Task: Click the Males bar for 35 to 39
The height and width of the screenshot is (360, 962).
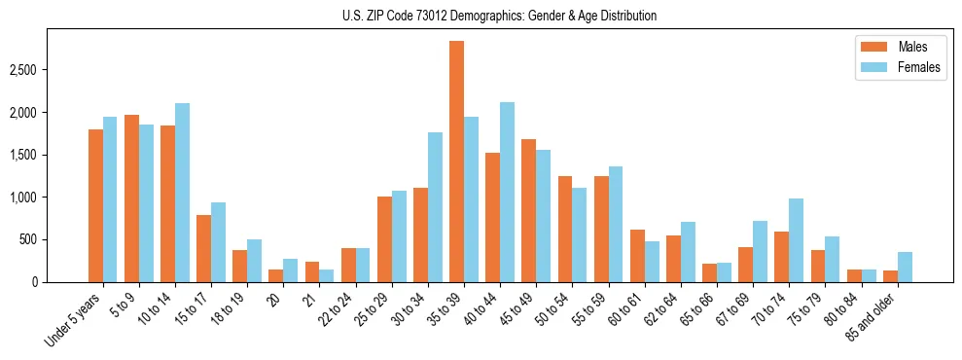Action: [x=456, y=162]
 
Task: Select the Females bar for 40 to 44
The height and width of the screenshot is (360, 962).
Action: [x=507, y=193]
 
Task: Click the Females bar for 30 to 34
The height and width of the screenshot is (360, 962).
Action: [x=435, y=207]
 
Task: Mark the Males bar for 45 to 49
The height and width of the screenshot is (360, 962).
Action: [x=528, y=210]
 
